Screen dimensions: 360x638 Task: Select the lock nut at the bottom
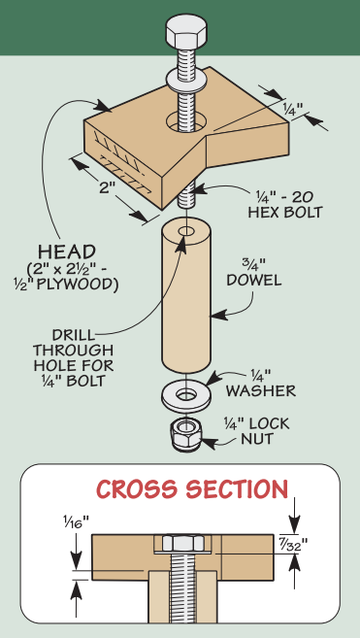coord(186,434)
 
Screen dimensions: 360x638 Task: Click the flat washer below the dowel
coord(186,393)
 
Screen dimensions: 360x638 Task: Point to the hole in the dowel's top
coord(186,232)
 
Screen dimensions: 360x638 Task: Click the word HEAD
coord(67,252)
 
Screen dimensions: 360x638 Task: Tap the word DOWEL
coord(254,281)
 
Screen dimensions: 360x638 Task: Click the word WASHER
coord(261,391)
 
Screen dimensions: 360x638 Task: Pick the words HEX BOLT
coord(285,212)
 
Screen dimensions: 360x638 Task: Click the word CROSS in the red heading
coord(137,489)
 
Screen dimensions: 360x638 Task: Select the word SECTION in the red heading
coord(237,489)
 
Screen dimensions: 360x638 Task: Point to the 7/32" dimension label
coord(292,545)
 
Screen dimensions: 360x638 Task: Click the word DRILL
coord(73,335)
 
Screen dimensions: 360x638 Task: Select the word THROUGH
coord(73,351)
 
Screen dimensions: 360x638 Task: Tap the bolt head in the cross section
coord(182,543)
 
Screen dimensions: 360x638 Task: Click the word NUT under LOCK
coord(257,439)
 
